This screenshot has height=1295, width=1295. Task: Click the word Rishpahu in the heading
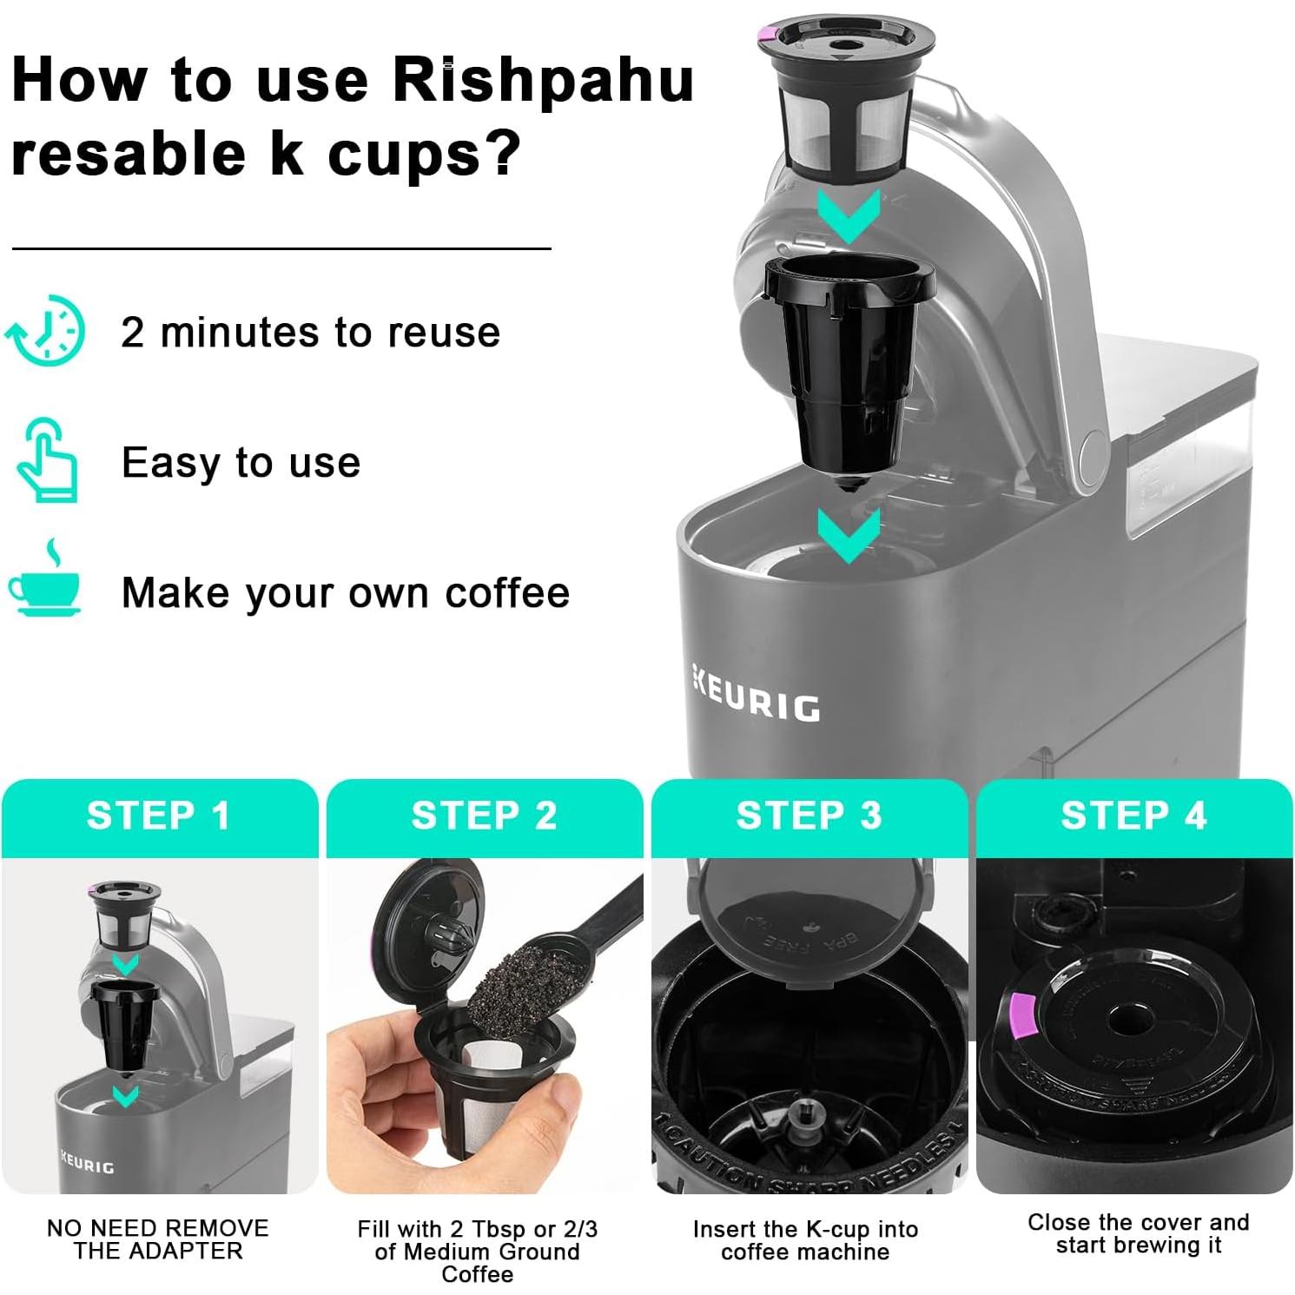pos(543,80)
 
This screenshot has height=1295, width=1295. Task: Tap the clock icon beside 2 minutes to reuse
pos(48,330)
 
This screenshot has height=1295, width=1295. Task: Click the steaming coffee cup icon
pos(45,582)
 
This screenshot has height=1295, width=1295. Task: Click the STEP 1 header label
pos(159,816)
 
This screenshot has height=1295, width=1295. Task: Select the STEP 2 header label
pos(484,816)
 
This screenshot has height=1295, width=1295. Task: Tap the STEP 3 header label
pos(809,816)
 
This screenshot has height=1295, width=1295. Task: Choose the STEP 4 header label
pos(1133,816)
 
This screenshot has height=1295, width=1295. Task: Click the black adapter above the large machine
pos(847,365)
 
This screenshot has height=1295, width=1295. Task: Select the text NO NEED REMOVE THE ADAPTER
pos(158,1239)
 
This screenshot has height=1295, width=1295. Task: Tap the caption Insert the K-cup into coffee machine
pos(805,1240)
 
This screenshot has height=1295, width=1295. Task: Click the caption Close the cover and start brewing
pos(1138,1233)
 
